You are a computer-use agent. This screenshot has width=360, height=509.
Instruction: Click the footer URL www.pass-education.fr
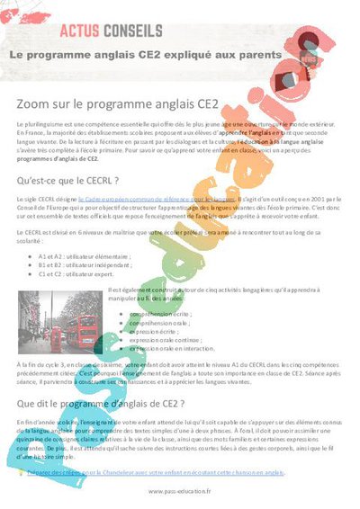pos(179,491)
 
